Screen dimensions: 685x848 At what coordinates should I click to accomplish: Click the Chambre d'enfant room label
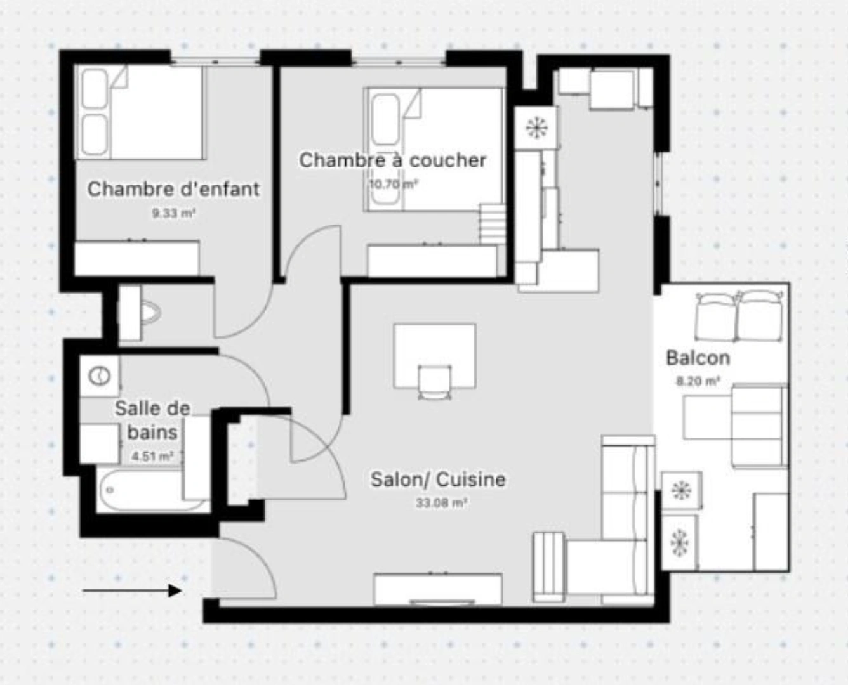pos(173,189)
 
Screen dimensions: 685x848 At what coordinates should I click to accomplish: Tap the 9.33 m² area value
pos(173,214)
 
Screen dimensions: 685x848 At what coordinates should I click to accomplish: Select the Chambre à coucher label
pos(392,160)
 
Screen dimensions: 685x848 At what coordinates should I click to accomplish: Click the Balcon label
pos(698,358)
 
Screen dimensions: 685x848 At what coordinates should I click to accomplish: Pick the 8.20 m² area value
pos(698,382)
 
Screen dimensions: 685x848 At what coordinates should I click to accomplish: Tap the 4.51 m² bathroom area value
pos(152,456)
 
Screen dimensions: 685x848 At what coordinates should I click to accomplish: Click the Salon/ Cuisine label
pos(438,480)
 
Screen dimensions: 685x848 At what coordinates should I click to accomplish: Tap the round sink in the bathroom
pos(99,376)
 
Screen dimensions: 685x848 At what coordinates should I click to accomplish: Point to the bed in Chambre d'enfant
pos(140,112)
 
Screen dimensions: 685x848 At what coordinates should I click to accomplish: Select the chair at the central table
pos(434,382)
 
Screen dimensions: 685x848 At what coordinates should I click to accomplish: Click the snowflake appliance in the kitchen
pos(537,127)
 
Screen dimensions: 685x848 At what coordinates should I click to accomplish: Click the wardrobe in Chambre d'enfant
pos(136,258)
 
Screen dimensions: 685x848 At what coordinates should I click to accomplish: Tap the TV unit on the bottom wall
pos(438,589)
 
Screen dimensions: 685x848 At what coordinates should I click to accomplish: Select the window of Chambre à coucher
pos(399,62)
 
